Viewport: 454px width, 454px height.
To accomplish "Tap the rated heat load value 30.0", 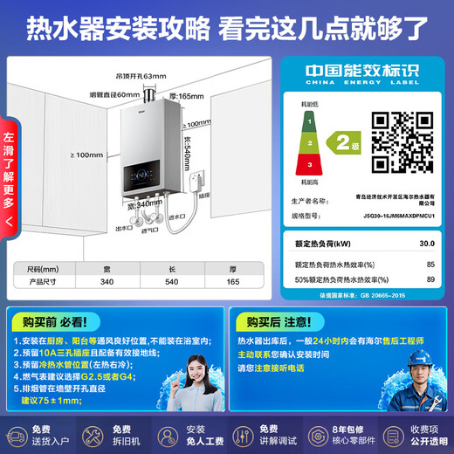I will (427, 244).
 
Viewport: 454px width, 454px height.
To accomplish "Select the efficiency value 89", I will (430, 279).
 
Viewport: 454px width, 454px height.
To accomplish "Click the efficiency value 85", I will (430, 264).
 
